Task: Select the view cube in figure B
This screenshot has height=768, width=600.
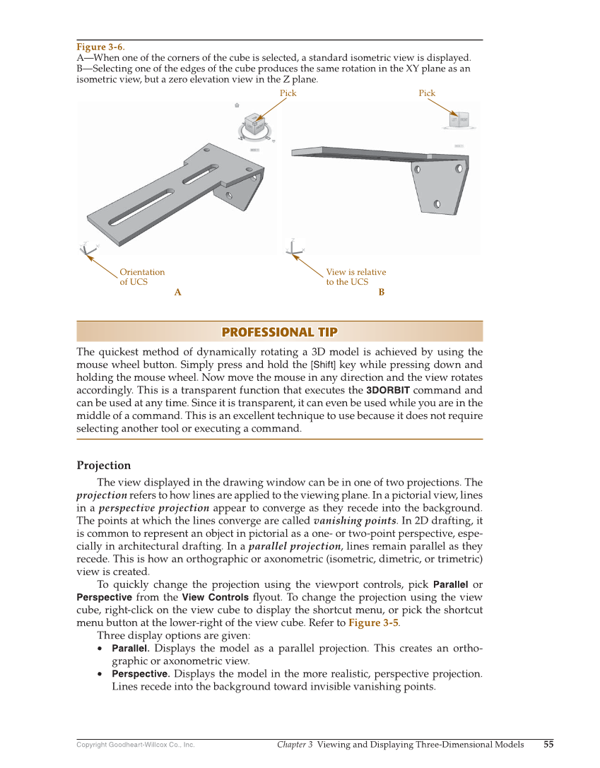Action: click(x=459, y=120)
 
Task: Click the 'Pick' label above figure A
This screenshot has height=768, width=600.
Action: click(x=288, y=93)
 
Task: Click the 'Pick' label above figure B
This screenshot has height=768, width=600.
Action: click(x=427, y=93)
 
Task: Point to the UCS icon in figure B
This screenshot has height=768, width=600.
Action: click(x=292, y=249)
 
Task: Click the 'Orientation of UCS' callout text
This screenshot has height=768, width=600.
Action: click(x=141, y=277)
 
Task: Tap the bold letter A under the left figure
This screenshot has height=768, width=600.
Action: click(x=177, y=293)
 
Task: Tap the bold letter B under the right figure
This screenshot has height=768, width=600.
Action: click(x=382, y=293)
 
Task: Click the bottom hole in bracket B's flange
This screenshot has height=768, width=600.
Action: click(x=437, y=204)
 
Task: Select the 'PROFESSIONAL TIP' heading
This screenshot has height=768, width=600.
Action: click(x=279, y=332)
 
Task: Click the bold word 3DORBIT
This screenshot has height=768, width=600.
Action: click(x=388, y=390)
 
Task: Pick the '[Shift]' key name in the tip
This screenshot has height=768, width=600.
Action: click(x=323, y=365)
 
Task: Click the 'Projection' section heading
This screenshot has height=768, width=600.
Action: click(x=103, y=466)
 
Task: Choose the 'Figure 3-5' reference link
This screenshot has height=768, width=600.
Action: click(x=373, y=623)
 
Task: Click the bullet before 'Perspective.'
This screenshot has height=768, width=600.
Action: click(x=102, y=674)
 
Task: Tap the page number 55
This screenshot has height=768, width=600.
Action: click(x=548, y=744)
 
